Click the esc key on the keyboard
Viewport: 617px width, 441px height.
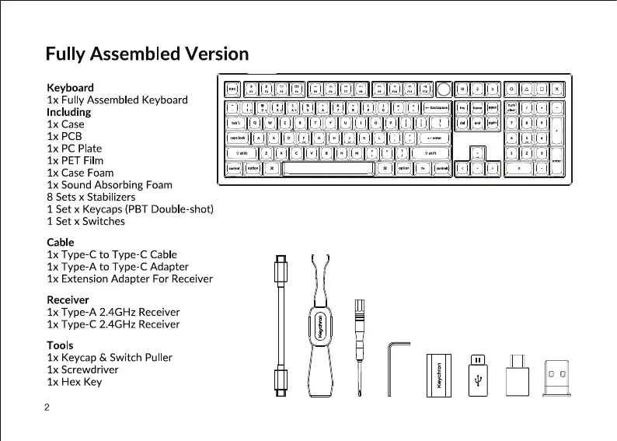pos(232,89)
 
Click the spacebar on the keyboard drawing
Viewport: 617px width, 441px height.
pos(329,168)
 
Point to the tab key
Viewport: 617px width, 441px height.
pos(235,122)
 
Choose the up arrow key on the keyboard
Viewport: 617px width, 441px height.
pos(476,153)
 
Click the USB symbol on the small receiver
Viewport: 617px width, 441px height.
pos(477,380)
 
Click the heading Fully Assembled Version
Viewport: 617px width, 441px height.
pos(147,54)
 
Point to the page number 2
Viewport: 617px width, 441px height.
pos(47,407)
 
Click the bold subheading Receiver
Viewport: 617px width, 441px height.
pos(68,299)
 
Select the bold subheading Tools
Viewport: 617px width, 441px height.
pos(60,345)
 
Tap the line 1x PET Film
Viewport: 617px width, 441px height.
pos(75,160)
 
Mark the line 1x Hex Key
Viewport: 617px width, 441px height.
pos(75,382)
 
